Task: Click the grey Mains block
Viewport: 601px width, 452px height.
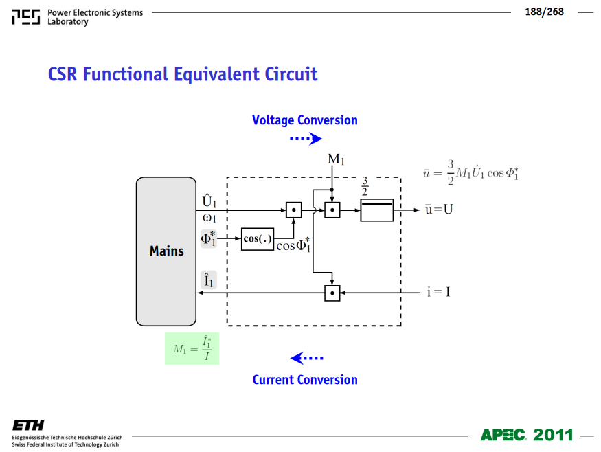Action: coord(166,251)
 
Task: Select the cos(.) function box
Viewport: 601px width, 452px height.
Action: coord(258,239)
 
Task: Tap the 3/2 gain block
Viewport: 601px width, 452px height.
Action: coord(377,210)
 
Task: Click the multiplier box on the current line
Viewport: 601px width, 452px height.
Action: coord(332,293)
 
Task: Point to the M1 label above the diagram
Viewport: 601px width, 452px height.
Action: coord(336,159)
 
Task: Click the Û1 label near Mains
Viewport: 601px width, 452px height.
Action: coord(209,201)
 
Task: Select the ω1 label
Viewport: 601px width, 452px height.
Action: coord(209,218)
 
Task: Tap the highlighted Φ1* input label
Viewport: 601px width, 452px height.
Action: coord(209,239)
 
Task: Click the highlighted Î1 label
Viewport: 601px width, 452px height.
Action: coord(209,280)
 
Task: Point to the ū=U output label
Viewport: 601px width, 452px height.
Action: coord(439,210)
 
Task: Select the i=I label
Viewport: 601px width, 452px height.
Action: coord(438,292)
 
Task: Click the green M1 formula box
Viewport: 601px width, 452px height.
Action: coord(192,348)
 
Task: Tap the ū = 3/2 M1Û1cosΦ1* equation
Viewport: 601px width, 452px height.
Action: coord(470,172)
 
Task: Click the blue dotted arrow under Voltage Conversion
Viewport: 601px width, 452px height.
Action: coord(306,138)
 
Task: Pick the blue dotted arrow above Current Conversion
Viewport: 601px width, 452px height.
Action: coord(306,358)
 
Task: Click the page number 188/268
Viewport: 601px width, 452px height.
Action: coord(544,12)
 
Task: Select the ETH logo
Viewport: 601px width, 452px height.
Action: coord(28,425)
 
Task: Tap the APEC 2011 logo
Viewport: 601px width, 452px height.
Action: coord(527,435)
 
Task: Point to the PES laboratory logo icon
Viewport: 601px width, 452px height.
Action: coord(26,17)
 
